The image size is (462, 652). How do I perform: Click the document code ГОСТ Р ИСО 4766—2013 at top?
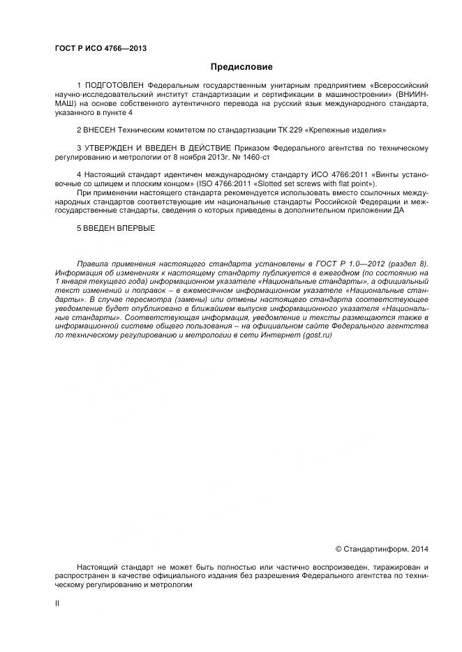point(100,48)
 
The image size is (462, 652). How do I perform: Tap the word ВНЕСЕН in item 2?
point(102,130)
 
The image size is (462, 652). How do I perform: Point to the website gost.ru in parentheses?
point(317,336)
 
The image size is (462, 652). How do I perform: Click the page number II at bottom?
point(57,602)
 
